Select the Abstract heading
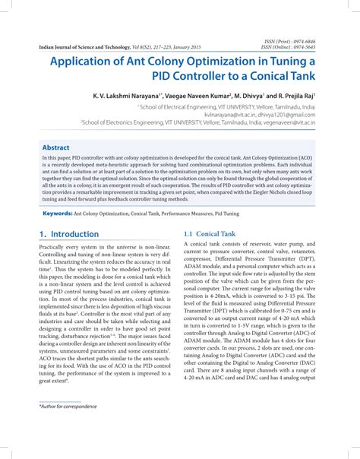click(x=56, y=147)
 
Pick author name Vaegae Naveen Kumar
click(x=197, y=98)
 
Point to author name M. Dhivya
click(x=250, y=98)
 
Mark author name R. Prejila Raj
click(x=298, y=98)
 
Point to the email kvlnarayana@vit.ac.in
click(x=229, y=114)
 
